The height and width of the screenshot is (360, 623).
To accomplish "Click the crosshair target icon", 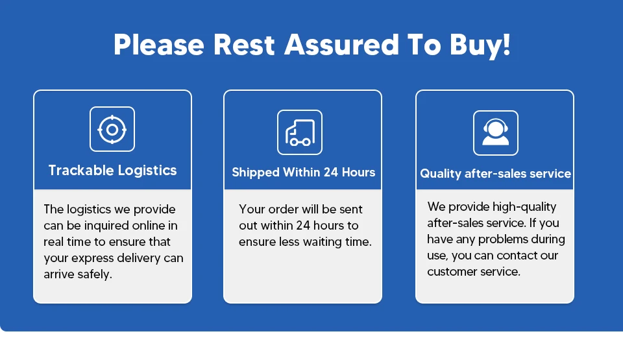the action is click(112, 129).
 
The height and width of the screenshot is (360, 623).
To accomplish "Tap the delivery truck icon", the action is click(300, 132).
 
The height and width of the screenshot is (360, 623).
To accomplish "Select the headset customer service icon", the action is click(495, 133).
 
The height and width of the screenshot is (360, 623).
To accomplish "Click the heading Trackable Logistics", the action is click(112, 171).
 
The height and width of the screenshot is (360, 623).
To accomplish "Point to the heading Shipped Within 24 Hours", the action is click(304, 173).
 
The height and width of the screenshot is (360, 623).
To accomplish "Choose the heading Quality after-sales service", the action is click(495, 174).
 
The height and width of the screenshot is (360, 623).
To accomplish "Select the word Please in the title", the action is click(159, 44).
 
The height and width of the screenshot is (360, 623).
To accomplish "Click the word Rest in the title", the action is click(244, 44).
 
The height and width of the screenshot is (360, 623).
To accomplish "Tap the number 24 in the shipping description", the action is click(303, 226).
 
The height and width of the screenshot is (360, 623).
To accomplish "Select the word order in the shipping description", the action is click(282, 210).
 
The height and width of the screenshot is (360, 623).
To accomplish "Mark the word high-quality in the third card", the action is click(524, 207).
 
